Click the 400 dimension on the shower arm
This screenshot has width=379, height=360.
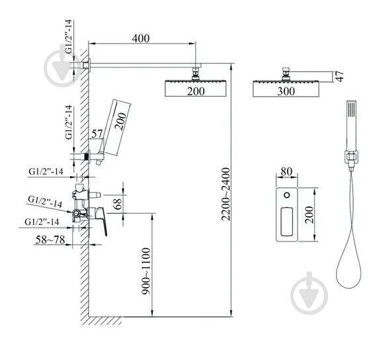[x=140, y=38]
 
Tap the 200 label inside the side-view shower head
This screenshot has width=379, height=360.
[x=195, y=91]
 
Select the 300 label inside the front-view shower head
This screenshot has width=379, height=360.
[x=286, y=91]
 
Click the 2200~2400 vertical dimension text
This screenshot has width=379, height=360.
[x=226, y=192]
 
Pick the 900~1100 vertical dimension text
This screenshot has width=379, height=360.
[x=146, y=271]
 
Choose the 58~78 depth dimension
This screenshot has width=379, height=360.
[x=50, y=240]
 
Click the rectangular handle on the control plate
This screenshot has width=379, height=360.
[x=287, y=223]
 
